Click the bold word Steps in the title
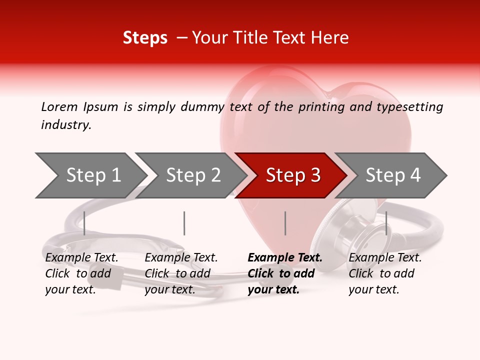pos(145,38)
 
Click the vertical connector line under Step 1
pos(84,223)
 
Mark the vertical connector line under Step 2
pos(184,223)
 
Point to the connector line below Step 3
pos(285,223)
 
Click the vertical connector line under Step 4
pos(386,223)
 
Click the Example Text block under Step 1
pos(81,273)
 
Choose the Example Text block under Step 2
pos(181,273)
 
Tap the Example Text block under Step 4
pos(385,273)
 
